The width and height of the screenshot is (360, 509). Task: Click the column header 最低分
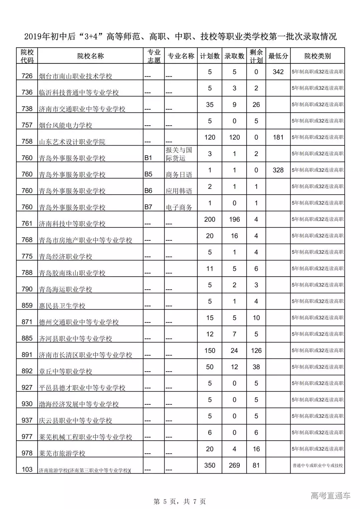pos(278,56)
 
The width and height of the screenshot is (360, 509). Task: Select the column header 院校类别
pos(317,56)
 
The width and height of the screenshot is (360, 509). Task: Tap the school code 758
pos(27,141)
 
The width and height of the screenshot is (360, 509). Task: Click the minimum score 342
pos(278,72)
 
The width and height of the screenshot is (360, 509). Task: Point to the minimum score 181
pos(278,137)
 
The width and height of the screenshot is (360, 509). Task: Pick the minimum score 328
pos(278,170)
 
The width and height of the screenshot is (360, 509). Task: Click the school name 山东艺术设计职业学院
pos(72,142)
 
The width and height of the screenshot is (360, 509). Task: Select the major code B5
pos(148,174)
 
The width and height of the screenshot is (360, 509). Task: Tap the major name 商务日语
pos(179,174)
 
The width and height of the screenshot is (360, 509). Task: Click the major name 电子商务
pos(179,207)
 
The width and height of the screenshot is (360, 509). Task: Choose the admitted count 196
pos(234,219)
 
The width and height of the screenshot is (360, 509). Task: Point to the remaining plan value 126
pos(256,350)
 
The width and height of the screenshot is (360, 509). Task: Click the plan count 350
pos(210,465)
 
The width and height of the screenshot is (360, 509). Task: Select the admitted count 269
pos(234,465)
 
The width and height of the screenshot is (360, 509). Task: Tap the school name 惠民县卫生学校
pos(62,306)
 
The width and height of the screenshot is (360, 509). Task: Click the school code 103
pos(27,469)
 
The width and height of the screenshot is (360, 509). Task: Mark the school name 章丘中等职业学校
pos(65,371)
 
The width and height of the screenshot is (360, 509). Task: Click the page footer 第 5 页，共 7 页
pos(180,501)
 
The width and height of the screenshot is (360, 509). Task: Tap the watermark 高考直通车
pos(331,496)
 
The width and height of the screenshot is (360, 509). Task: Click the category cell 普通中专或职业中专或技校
pos(317,465)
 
